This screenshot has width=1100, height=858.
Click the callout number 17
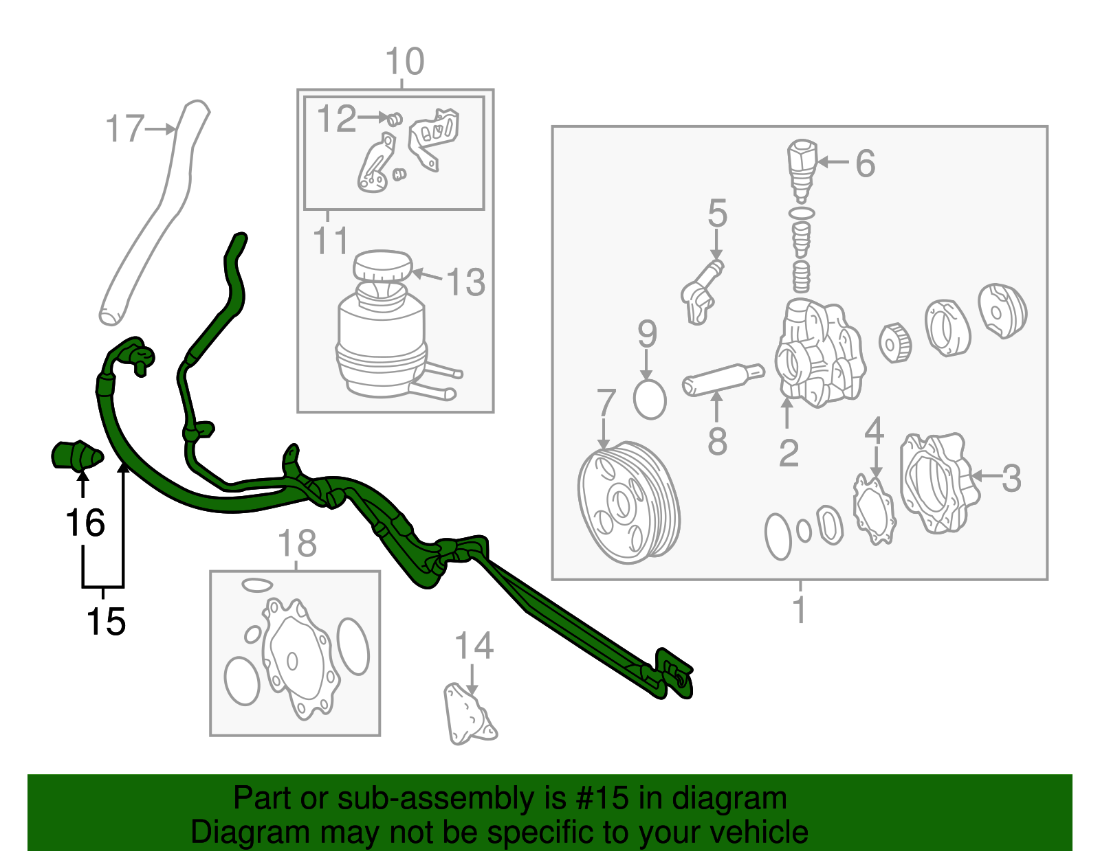pos(125,128)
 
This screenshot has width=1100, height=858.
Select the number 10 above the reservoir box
pos(404,62)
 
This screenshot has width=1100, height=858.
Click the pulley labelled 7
pos(628,503)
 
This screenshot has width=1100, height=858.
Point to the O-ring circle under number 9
pos(650,399)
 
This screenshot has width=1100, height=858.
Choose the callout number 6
pos(865,163)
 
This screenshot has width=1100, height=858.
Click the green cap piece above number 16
pos(78,455)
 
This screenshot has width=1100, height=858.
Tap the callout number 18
pos(297,543)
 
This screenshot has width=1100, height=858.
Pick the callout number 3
pos(1011,478)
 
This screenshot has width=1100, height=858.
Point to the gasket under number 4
pos(874,510)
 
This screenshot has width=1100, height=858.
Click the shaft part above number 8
pos(723,379)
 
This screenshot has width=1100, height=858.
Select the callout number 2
pos(789,453)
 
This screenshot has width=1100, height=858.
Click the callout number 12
pos(337,119)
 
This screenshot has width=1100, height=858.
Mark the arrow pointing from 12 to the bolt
pos(373,117)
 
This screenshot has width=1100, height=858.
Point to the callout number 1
pos(800,610)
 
